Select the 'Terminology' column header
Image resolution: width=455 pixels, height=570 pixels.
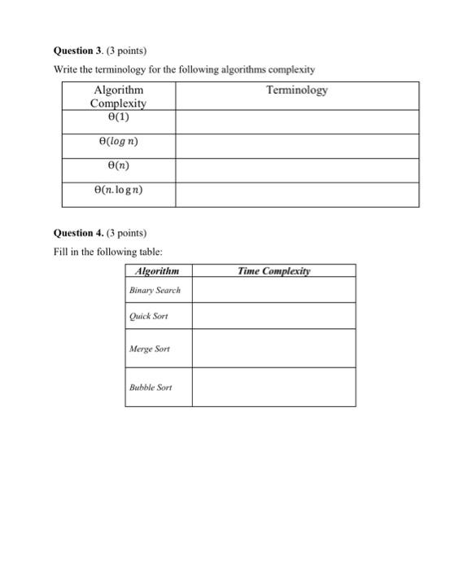point(296,90)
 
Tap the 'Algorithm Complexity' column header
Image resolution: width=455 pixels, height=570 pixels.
point(118,96)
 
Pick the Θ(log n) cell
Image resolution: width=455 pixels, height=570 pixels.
point(118,142)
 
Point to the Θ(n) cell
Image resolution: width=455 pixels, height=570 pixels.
point(118,166)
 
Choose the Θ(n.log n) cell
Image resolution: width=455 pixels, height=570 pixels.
point(118,192)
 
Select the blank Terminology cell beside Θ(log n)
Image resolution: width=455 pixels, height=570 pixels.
point(296,145)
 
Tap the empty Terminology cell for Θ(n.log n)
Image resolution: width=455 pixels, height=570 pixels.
point(296,194)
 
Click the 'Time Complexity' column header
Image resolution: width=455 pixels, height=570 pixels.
point(273,271)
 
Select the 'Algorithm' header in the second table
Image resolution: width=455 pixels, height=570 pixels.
point(157,271)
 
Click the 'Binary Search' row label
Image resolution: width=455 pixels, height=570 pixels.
point(155,290)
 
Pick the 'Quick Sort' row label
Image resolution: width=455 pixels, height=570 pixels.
point(148,316)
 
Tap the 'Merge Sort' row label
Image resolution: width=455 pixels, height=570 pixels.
point(150,349)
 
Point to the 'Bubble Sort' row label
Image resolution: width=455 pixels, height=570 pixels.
point(151,387)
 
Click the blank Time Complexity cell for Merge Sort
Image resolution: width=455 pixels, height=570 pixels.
point(273,349)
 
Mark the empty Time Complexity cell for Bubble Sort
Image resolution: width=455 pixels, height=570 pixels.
point(273,387)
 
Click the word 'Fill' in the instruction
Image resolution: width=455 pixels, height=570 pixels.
point(61,252)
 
